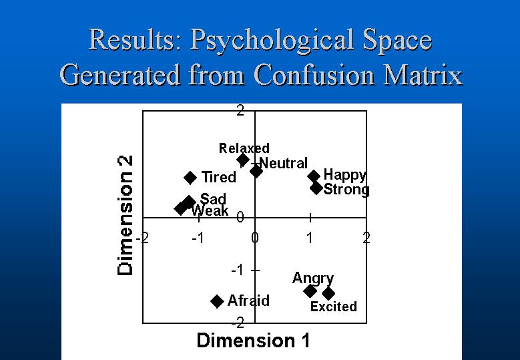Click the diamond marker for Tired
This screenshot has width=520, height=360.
(x=190, y=178)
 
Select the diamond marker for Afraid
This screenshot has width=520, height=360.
(x=217, y=301)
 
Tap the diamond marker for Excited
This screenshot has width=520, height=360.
(x=328, y=293)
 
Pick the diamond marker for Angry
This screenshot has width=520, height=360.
(x=310, y=291)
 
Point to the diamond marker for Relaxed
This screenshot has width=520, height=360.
(x=243, y=160)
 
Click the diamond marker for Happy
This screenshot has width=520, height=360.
(x=314, y=176)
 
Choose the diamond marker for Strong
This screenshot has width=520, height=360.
(x=316, y=188)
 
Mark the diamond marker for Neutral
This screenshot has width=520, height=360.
(x=256, y=171)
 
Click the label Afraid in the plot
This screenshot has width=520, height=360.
(x=248, y=301)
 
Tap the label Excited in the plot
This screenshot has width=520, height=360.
(x=334, y=307)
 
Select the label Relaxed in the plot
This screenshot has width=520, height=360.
(x=244, y=148)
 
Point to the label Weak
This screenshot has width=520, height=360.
(x=210, y=210)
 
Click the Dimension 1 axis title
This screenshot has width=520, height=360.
(x=254, y=341)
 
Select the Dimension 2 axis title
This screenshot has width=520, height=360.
(x=125, y=215)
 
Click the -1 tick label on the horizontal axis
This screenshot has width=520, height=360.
(x=198, y=238)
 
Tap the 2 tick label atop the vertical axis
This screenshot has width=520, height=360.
(x=240, y=110)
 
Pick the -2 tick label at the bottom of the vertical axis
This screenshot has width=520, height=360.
(x=238, y=322)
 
